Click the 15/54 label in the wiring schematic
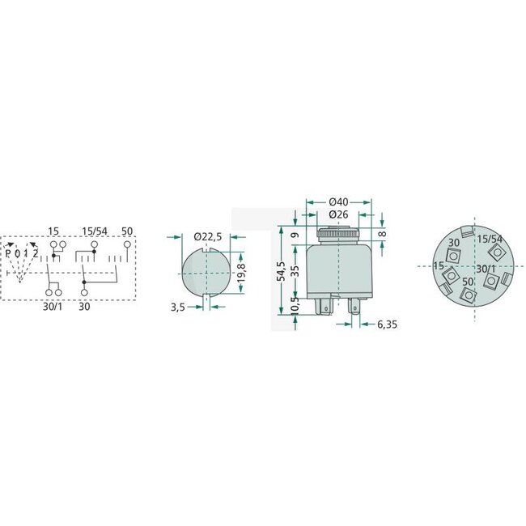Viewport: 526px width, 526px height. (95, 231)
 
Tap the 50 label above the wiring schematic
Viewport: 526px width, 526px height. (126, 231)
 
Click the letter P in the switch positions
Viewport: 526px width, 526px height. (8, 253)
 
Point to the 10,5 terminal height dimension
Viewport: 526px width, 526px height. (295, 308)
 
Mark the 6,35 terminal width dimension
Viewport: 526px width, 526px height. (387, 325)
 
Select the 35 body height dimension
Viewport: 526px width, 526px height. (295, 269)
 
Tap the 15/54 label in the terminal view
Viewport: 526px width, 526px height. (488, 240)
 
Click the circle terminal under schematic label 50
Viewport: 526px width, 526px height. (127, 244)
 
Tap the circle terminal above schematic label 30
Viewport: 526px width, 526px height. (84, 291)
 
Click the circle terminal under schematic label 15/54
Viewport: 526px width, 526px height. (95, 244)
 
